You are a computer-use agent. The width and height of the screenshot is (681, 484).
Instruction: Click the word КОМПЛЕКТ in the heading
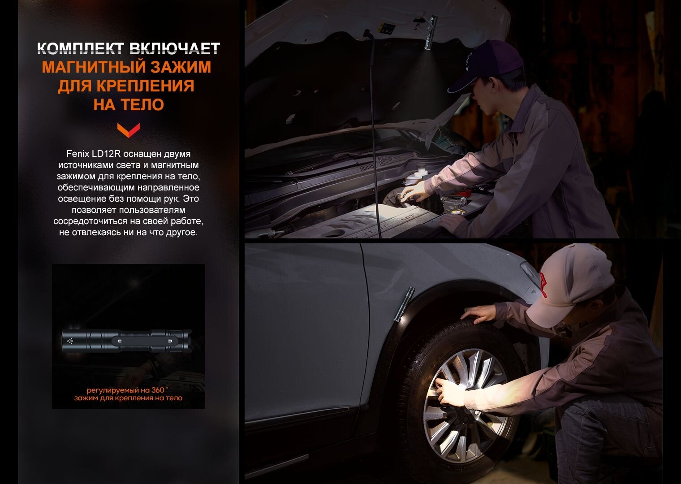point(81,49)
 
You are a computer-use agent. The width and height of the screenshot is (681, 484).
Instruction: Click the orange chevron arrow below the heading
point(129,130)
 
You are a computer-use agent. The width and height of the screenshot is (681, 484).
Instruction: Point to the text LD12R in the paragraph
point(106,154)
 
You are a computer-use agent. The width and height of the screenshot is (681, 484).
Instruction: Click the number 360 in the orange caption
point(158,390)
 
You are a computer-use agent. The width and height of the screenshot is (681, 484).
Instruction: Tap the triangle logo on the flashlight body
point(70,341)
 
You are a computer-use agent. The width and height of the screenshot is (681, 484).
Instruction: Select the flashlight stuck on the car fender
point(404,304)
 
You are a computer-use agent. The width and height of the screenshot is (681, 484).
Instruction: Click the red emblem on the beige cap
point(543,285)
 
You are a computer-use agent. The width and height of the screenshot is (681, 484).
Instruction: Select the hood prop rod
point(374,134)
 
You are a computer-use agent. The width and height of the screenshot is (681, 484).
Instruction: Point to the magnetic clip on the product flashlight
point(145,341)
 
